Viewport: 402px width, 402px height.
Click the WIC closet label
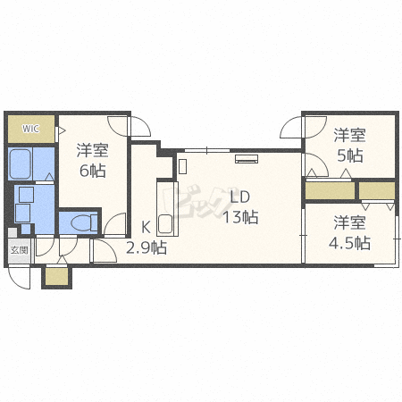[30, 129]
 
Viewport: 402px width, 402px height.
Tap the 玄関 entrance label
[20, 250]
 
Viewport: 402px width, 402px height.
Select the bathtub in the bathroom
[21, 164]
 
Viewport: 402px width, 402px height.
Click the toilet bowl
[84, 222]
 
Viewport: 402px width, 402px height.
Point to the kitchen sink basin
[165, 224]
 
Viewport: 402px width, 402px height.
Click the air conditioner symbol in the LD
[247, 159]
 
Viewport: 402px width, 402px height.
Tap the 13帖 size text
[240, 217]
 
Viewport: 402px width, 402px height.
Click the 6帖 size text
[93, 171]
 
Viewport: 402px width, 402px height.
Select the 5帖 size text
[350, 155]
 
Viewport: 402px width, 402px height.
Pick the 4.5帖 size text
[349, 243]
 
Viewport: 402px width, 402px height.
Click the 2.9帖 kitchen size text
[147, 247]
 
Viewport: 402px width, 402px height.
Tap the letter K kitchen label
[146, 228]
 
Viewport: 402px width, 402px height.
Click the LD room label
[240, 197]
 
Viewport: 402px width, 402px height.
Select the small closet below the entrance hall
[56, 277]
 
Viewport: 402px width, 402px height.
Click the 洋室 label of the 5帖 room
[349, 135]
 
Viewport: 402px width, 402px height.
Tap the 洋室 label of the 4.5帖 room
[349, 222]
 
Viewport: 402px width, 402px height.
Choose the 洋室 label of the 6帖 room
[93, 150]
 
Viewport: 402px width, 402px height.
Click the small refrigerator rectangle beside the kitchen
[182, 166]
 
